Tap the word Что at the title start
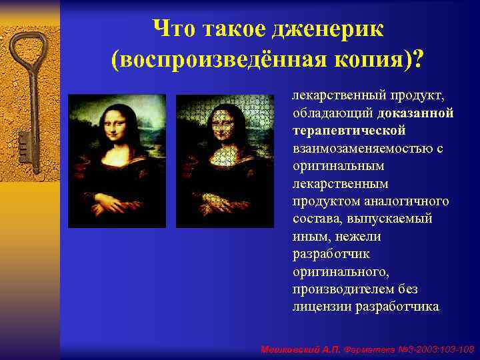tap(174, 29)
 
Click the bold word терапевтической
tap(349, 130)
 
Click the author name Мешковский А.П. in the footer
tap(301, 349)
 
